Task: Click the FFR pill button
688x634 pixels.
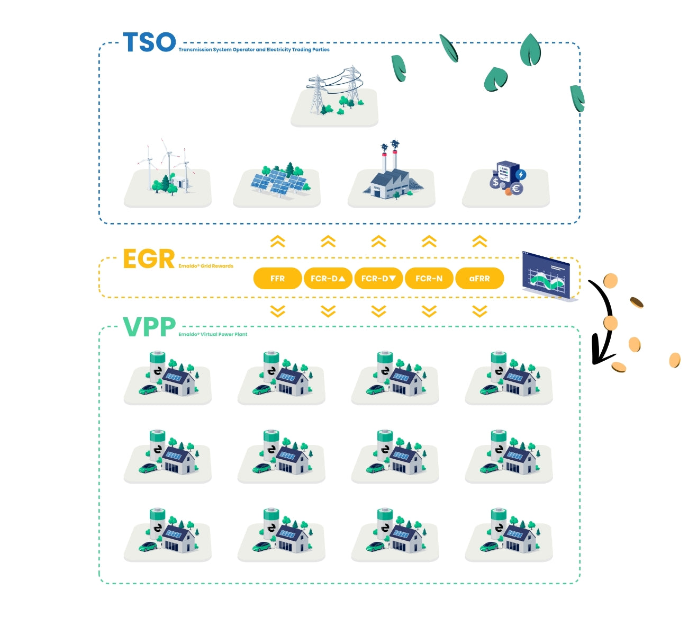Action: coord(277,279)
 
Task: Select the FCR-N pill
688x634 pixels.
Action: coord(429,279)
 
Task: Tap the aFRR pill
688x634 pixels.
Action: coord(479,279)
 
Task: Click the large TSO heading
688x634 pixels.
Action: coord(149,42)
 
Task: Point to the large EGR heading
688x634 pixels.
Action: coord(149,259)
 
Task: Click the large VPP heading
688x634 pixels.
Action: coord(149,327)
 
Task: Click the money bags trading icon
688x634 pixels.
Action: coord(507,178)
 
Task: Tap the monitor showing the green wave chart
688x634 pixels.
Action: coord(547,275)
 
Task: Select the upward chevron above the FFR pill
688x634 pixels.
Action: coord(277,242)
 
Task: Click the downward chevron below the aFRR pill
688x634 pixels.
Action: coord(479,311)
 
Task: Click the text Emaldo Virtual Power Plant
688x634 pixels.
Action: coord(213,335)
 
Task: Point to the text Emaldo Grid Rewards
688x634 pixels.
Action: coord(206,266)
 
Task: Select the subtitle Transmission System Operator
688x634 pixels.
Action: coord(254,50)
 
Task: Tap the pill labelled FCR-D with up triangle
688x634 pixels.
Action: coord(328,279)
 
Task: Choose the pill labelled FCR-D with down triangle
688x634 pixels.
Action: coord(378,279)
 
